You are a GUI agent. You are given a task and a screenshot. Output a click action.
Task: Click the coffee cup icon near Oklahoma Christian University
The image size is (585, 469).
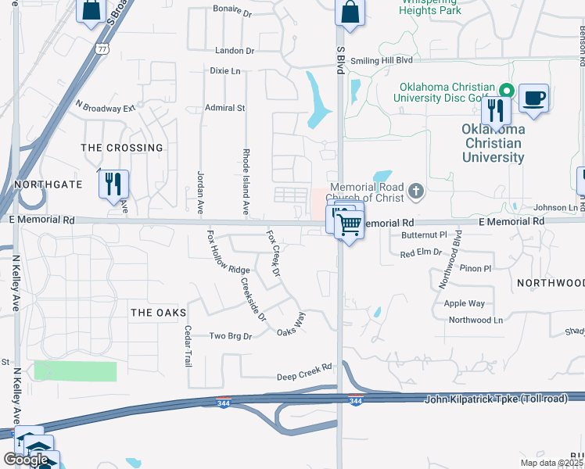click(533, 98)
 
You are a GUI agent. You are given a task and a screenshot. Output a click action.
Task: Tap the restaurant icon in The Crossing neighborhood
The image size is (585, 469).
click(113, 184)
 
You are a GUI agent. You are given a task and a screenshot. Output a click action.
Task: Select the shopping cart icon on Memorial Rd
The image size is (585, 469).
click(350, 226)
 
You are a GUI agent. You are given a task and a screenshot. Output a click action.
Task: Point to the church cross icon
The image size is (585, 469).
click(416, 189)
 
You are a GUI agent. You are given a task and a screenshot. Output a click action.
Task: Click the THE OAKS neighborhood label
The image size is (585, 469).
click(159, 313)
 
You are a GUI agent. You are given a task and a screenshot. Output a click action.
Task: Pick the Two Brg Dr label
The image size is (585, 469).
click(230, 336)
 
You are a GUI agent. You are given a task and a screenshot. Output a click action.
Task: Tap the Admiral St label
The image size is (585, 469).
click(224, 108)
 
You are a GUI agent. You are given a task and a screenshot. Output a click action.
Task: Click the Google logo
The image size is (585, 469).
click(25, 459)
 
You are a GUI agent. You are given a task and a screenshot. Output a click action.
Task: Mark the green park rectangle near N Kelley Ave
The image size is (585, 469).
click(75, 371)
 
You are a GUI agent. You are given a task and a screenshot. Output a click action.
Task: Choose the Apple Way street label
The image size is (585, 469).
click(464, 303)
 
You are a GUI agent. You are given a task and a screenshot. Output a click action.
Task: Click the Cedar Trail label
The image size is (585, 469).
click(187, 347)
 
